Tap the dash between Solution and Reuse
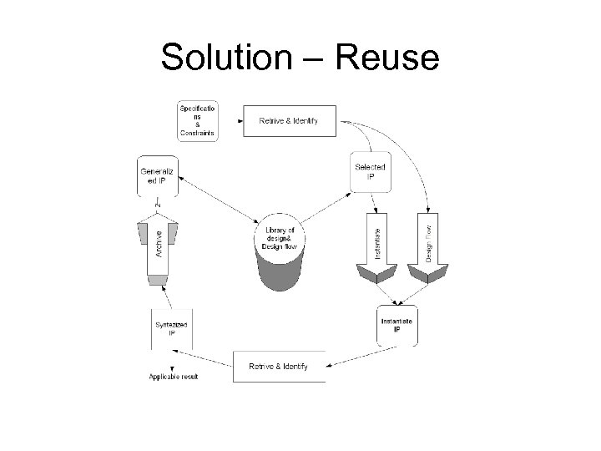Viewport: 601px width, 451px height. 312,58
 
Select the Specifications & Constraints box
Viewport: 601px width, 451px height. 197,120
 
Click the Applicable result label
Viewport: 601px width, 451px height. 174,377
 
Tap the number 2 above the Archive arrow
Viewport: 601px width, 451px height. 157,204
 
